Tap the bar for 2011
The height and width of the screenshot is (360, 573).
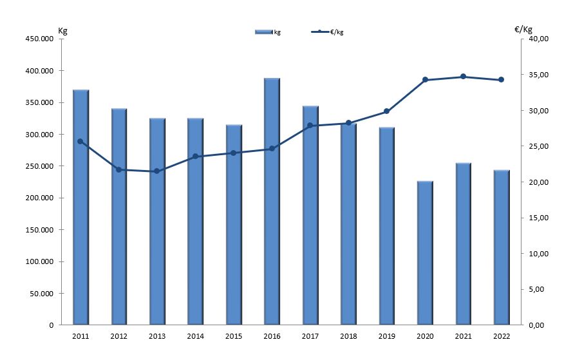pyautogui.click(x=80, y=206)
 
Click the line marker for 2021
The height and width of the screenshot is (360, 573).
pyautogui.click(x=463, y=77)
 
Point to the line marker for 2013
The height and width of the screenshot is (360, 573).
pyautogui.click(x=157, y=171)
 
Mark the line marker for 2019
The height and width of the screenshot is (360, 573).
pyautogui.click(x=386, y=111)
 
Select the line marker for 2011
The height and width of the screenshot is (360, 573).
pyautogui.click(x=80, y=141)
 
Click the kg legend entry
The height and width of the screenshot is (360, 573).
pyautogui.click(x=268, y=32)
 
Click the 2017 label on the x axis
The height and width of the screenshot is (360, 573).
pyautogui.click(x=310, y=336)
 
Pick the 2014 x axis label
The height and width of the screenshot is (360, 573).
pyautogui.click(x=195, y=336)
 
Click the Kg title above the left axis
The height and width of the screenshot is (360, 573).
pyautogui.click(x=62, y=30)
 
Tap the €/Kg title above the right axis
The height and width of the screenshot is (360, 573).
pyautogui.click(x=523, y=30)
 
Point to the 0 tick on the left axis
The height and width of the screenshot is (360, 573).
pyautogui.click(x=52, y=325)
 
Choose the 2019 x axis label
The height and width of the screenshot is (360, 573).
pyautogui.click(x=386, y=336)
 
